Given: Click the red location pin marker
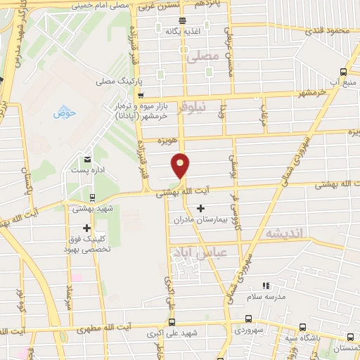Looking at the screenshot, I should [x=181, y=165].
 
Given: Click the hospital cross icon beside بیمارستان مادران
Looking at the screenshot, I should [x=202, y=208].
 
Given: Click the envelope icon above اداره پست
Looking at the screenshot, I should [x=87, y=160].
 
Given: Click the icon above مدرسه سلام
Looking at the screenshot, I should [x=266, y=285].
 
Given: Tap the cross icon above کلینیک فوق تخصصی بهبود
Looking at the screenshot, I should [x=86, y=228].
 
